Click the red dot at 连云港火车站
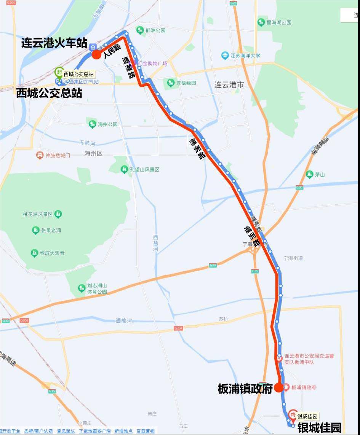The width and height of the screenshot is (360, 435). coord(96,54)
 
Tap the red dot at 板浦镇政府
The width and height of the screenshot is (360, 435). coord(278,387)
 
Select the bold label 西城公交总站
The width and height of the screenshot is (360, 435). coord(49,93)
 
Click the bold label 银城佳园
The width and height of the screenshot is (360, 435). coord(319,428)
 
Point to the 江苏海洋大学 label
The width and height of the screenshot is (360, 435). coord(246,56)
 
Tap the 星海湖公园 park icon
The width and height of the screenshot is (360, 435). coord(261,22)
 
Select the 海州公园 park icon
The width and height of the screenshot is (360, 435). coord(92,124)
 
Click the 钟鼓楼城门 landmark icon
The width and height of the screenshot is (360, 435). coord(40,155)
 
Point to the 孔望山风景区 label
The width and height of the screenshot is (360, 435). coord(144,169)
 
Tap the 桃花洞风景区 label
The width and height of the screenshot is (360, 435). coord(37,214)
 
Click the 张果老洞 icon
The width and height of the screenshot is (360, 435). coord(35,230)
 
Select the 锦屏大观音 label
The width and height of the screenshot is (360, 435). coord(52,253)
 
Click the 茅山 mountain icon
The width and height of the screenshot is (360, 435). coord(309,174)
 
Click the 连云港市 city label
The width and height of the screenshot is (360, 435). coord(229,84)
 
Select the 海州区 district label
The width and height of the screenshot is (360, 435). coord(93,153)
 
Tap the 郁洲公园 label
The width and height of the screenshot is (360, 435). coord(155,30)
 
